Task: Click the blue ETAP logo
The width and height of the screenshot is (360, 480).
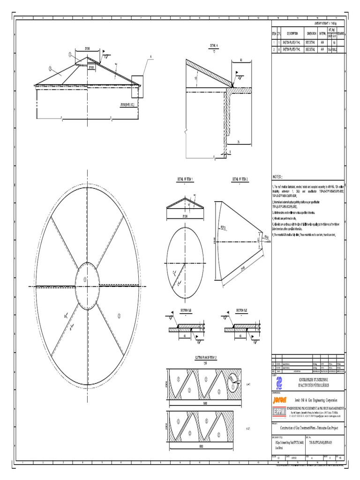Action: pyautogui.click(x=279, y=382)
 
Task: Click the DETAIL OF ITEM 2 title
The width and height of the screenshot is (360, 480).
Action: pyautogui.click(x=240, y=179)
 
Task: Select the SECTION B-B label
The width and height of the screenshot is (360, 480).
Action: pyautogui.click(x=186, y=310)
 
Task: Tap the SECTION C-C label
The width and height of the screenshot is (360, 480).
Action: pyautogui.click(x=241, y=310)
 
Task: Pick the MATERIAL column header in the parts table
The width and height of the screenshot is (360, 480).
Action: pyautogui.click(x=322, y=34)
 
